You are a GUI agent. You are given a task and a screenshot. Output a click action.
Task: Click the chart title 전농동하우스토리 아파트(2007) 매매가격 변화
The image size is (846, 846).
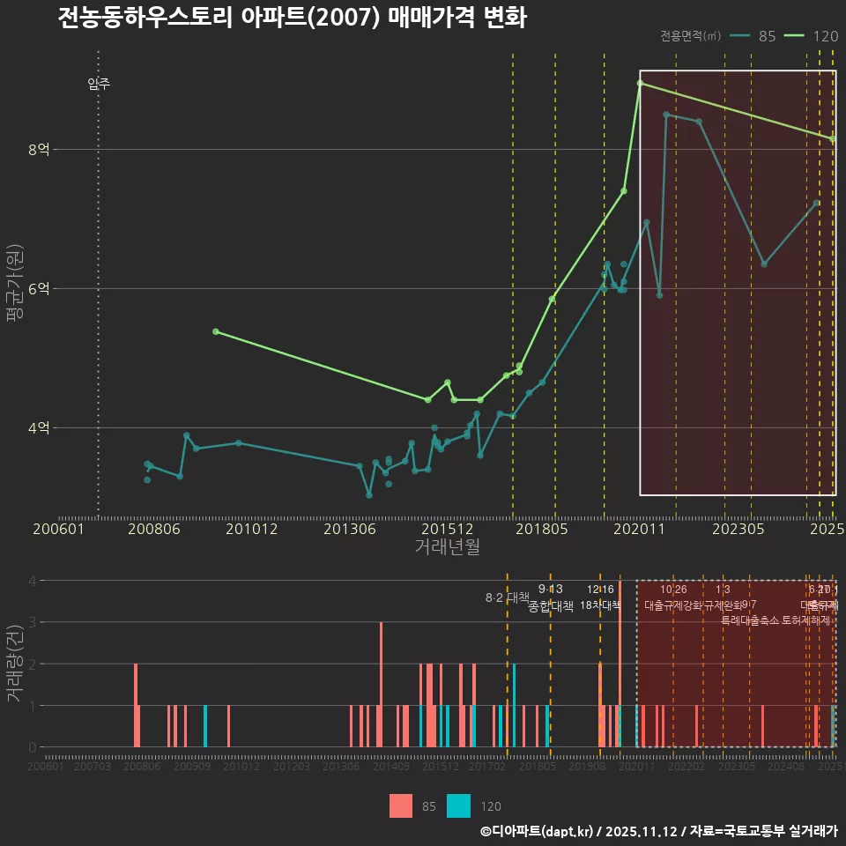292,19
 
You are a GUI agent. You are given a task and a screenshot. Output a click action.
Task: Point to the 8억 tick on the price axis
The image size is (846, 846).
39,150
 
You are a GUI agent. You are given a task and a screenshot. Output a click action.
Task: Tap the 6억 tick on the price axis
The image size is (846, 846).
39,289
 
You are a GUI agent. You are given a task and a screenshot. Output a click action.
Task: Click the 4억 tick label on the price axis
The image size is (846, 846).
39,428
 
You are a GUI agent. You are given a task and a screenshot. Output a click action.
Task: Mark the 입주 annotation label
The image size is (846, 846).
99,85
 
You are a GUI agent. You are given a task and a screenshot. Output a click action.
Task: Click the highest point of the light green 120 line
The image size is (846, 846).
641,83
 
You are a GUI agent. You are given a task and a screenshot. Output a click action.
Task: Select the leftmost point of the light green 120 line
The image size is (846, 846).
216,331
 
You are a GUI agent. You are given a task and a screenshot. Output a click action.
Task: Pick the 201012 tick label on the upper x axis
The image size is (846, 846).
252,530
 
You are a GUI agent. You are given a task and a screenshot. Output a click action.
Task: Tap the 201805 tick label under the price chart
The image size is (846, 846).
541,530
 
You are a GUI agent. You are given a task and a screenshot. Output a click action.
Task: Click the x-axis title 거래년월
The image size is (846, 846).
447,547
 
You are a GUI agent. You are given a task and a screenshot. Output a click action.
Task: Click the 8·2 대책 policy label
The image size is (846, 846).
507,597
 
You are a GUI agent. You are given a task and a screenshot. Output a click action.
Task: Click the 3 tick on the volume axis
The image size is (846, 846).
33,622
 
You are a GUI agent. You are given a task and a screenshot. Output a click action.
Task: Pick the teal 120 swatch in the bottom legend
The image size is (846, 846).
458,805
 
